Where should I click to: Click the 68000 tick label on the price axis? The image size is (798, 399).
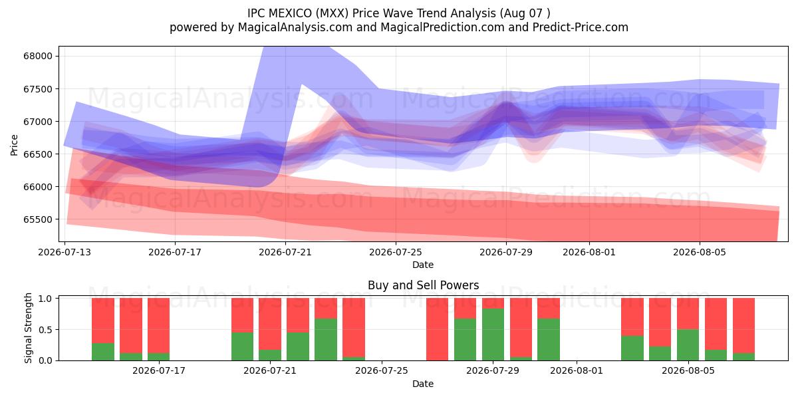click(38, 56)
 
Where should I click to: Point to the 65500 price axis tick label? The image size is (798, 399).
click(38, 219)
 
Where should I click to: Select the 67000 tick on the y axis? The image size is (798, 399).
click(38, 122)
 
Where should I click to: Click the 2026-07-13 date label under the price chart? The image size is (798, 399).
click(65, 252)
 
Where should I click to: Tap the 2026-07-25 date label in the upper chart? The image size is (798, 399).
click(396, 252)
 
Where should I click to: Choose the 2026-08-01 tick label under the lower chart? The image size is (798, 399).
click(577, 371)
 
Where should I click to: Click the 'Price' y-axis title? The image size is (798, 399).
click(14, 145)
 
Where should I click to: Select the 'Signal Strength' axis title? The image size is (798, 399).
click(28, 328)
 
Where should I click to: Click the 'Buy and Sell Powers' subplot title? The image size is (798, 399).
click(423, 285)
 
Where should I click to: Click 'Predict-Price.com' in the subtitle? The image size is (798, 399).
click(581, 27)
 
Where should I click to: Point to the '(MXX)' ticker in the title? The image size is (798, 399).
click(332, 13)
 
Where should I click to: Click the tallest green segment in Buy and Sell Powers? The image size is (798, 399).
click(493, 334)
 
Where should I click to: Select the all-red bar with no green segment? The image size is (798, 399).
click(437, 329)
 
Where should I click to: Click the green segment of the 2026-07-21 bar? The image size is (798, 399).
click(270, 355)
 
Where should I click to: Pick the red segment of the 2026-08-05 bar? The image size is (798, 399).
click(688, 314)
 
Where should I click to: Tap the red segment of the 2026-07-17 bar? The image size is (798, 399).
click(158, 326)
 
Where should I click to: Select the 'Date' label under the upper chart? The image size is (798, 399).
click(423, 265)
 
